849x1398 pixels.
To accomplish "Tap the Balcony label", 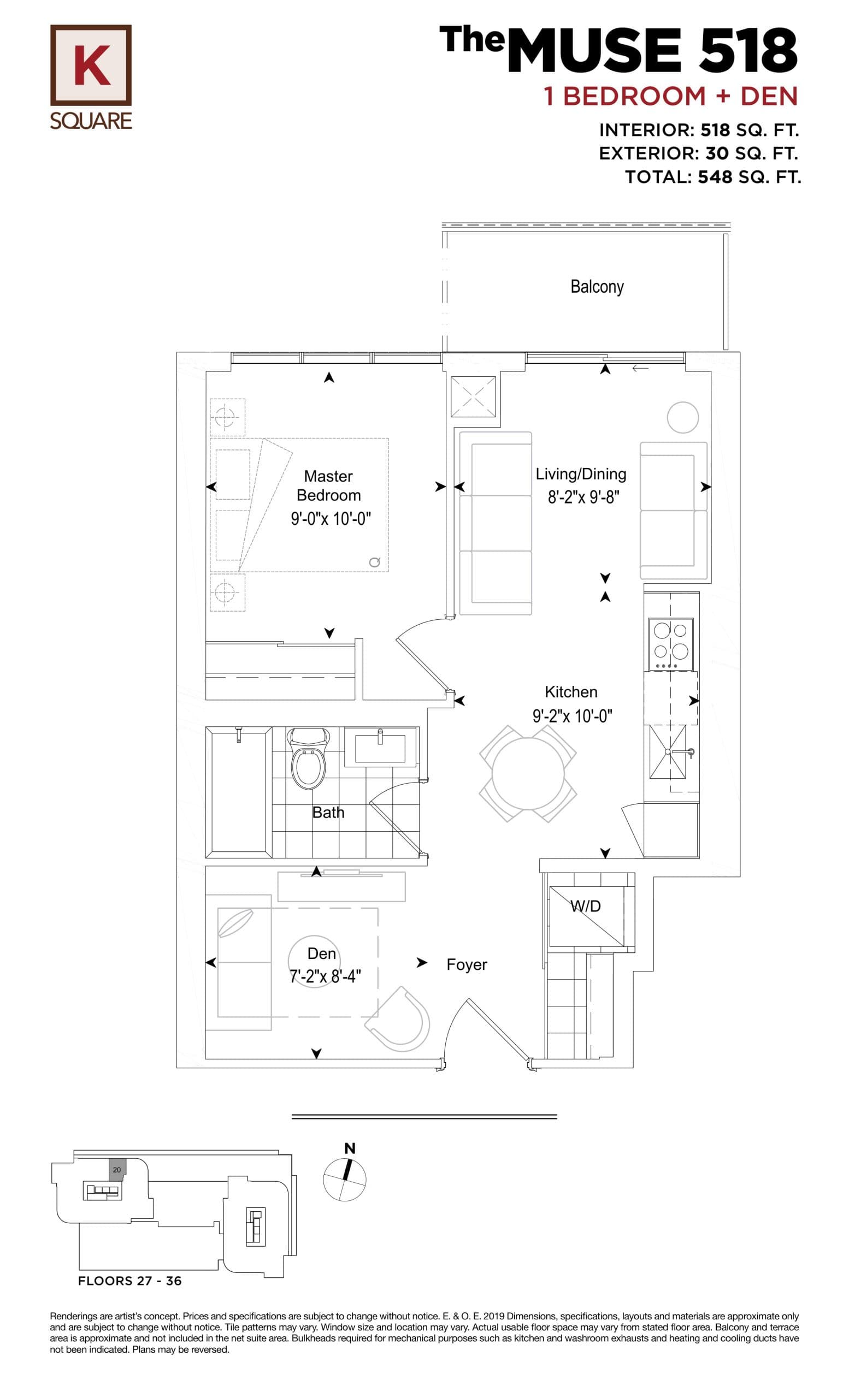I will [x=597, y=287].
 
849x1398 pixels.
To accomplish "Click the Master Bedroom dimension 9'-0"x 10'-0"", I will [x=331, y=519].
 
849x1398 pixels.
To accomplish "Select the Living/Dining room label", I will [x=581, y=474].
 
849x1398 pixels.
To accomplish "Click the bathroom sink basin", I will [x=380, y=748].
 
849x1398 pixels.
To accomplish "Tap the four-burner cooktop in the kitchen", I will [x=670, y=643].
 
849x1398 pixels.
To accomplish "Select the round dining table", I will [x=528, y=774].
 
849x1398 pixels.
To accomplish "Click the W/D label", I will [x=586, y=906].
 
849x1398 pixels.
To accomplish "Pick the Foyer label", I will [x=467, y=964].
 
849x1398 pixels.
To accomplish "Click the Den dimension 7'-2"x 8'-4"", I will [x=325, y=976].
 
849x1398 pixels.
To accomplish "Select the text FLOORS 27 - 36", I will [x=129, y=1281].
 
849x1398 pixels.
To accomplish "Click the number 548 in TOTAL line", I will [x=715, y=177].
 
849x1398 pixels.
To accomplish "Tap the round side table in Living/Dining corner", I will [x=682, y=418].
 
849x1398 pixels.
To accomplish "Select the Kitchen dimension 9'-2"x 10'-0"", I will [x=572, y=716].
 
